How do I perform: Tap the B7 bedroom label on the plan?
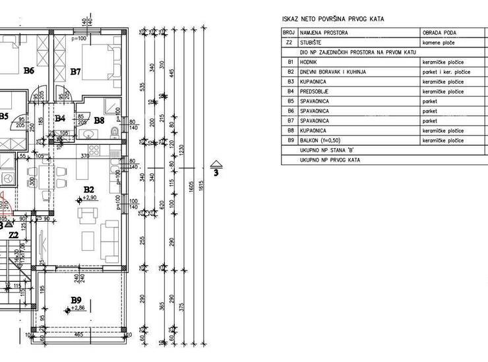pos(75,71)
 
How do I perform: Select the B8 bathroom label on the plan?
pos(98,120)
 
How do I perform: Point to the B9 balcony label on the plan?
pos(76,300)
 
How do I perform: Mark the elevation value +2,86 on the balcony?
pos(79,308)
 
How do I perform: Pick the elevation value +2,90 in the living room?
pos(90,197)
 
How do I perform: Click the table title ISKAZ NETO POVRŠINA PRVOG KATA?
pos(332,20)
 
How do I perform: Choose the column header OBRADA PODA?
pos(439,32)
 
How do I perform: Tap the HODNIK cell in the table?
pos(309,61)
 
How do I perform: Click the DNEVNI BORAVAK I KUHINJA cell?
pos(332,71)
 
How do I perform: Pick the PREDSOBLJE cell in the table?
pos(315,91)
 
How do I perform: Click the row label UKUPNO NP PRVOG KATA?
pos(330,160)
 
